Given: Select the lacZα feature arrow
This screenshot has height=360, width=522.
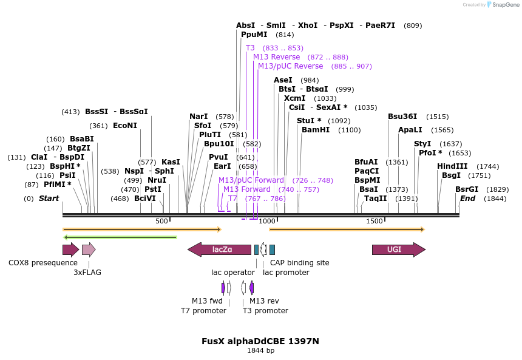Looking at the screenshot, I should (x=219, y=250).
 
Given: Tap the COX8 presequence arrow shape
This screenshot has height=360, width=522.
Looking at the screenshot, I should (x=70, y=250).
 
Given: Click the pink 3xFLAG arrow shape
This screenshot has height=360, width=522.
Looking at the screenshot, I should (x=89, y=250).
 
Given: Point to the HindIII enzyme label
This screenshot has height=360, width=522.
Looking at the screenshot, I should (x=452, y=166).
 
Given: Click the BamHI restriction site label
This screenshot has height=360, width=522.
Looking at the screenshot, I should (x=314, y=130).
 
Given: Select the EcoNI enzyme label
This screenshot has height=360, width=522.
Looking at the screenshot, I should (x=125, y=126).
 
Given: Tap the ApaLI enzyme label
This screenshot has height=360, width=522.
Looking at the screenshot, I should (x=410, y=130).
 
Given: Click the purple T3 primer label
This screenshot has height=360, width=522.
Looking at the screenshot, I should (x=250, y=48).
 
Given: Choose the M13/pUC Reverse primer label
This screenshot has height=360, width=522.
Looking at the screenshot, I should (x=290, y=66).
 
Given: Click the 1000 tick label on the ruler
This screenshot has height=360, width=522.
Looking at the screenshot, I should (x=267, y=222).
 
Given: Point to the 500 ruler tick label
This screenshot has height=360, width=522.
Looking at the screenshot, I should (x=161, y=222).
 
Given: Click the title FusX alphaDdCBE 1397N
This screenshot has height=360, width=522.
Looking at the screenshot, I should (x=260, y=341).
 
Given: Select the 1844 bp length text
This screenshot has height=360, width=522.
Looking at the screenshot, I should (x=260, y=351).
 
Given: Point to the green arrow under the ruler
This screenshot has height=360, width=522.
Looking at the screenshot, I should (x=120, y=237).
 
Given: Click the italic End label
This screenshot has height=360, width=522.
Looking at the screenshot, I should (x=467, y=199).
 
